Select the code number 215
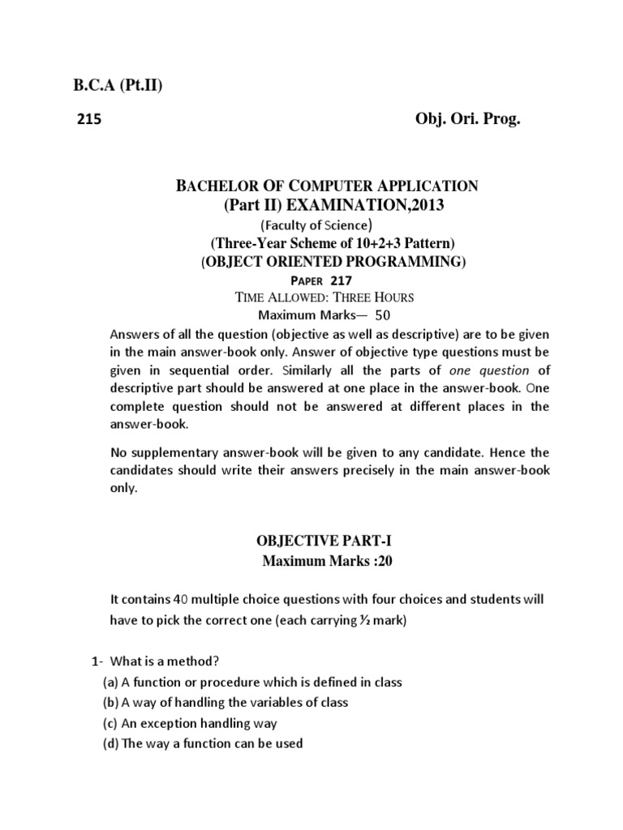point(88,120)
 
